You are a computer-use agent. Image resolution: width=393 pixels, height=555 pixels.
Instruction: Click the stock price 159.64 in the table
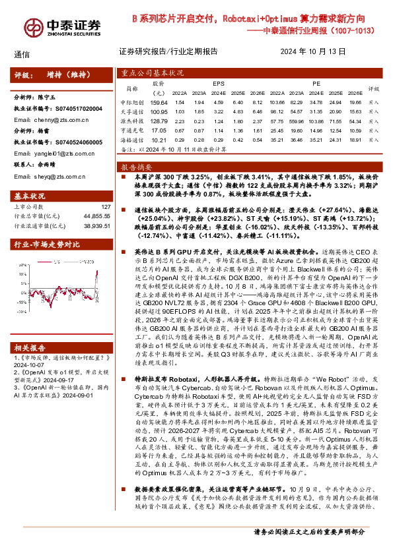click(159, 103)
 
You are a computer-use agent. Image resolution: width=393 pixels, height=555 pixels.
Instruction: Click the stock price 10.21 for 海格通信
click(159, 140)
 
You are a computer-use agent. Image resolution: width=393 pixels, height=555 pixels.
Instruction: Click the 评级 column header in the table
click(373, 89)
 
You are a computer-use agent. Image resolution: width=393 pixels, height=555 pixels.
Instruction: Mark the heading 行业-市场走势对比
click(42, 245)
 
